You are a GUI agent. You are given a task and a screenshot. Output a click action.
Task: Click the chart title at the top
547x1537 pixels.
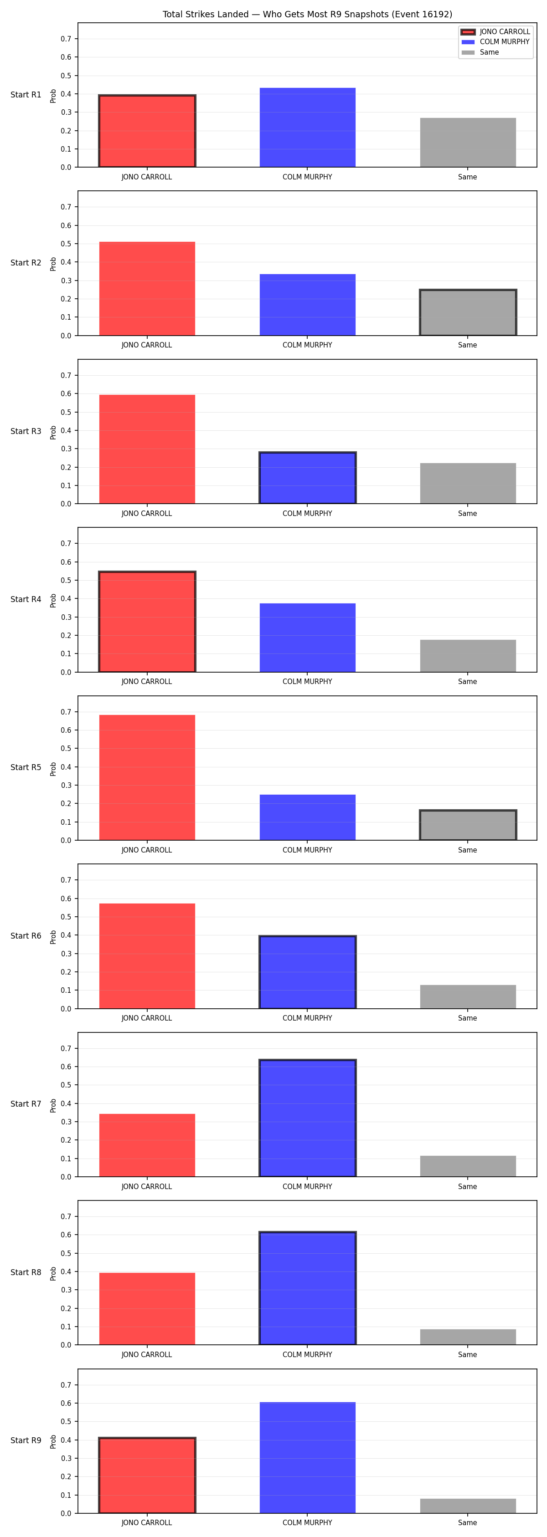pos(307,14)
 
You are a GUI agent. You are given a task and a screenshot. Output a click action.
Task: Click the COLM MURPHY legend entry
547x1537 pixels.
pos(495,42)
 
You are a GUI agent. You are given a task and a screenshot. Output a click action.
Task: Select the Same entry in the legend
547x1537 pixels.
pos(480,52)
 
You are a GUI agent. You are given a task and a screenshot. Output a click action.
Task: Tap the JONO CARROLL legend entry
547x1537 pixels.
pos(495,31)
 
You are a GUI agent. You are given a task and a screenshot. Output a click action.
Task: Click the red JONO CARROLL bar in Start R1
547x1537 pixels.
pos(147,131)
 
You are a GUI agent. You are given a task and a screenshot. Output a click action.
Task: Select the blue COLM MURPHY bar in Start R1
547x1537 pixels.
pos(308,128)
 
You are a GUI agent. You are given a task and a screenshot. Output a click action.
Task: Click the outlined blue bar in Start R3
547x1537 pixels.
pos(308,478)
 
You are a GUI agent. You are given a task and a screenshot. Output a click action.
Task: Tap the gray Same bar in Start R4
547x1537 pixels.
pos(468,656)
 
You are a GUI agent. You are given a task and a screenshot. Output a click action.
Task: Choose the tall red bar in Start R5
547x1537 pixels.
pos(147,777)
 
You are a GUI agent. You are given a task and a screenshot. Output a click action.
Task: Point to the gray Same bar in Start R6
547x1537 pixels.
pos(468,996)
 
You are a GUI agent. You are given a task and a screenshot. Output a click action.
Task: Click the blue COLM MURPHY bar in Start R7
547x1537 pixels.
pos(308,1118)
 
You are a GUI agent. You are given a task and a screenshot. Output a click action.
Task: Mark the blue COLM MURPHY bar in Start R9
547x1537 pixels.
pos(308,1458)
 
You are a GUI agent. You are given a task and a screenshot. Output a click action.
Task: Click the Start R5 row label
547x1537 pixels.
pos(26,767)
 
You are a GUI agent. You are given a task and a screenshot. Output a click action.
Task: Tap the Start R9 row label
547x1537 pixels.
pos(26,1440)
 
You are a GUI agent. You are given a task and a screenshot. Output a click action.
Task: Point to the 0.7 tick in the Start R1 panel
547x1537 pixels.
pos(66,39)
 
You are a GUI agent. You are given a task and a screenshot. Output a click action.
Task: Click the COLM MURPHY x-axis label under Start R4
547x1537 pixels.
pos(308,681)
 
